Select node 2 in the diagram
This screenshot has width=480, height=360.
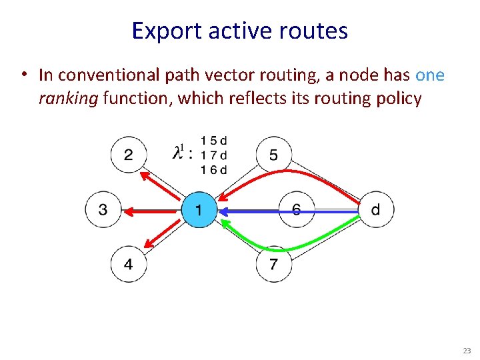[128, 155]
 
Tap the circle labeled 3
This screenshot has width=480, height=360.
[103, 210]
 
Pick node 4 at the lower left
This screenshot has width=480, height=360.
[128, 264]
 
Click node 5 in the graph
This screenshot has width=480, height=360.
[273, 155]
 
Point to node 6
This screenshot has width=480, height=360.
[295, 210]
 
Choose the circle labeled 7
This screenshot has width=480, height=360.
[273, 264]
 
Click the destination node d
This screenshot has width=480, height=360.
[376, 210]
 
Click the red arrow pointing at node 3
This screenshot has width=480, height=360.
[153, 211]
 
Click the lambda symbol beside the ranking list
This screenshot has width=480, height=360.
[178, 154]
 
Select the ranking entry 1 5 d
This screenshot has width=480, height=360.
[213, 141]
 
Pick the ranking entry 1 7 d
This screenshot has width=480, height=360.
[213, 155]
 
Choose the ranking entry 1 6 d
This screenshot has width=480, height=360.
[213, 169]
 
